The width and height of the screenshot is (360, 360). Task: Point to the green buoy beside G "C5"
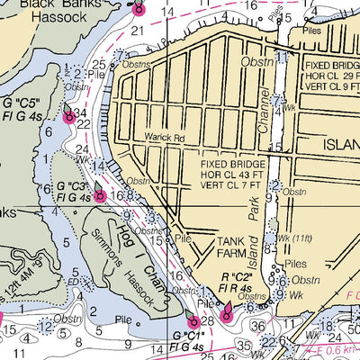68,113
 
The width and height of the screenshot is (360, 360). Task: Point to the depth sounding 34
81,112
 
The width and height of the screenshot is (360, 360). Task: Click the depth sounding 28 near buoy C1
207,321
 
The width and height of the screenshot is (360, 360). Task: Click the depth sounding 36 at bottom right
258,326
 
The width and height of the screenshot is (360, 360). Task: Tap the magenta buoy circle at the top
139,10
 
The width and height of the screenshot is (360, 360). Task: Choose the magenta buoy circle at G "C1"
193,322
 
